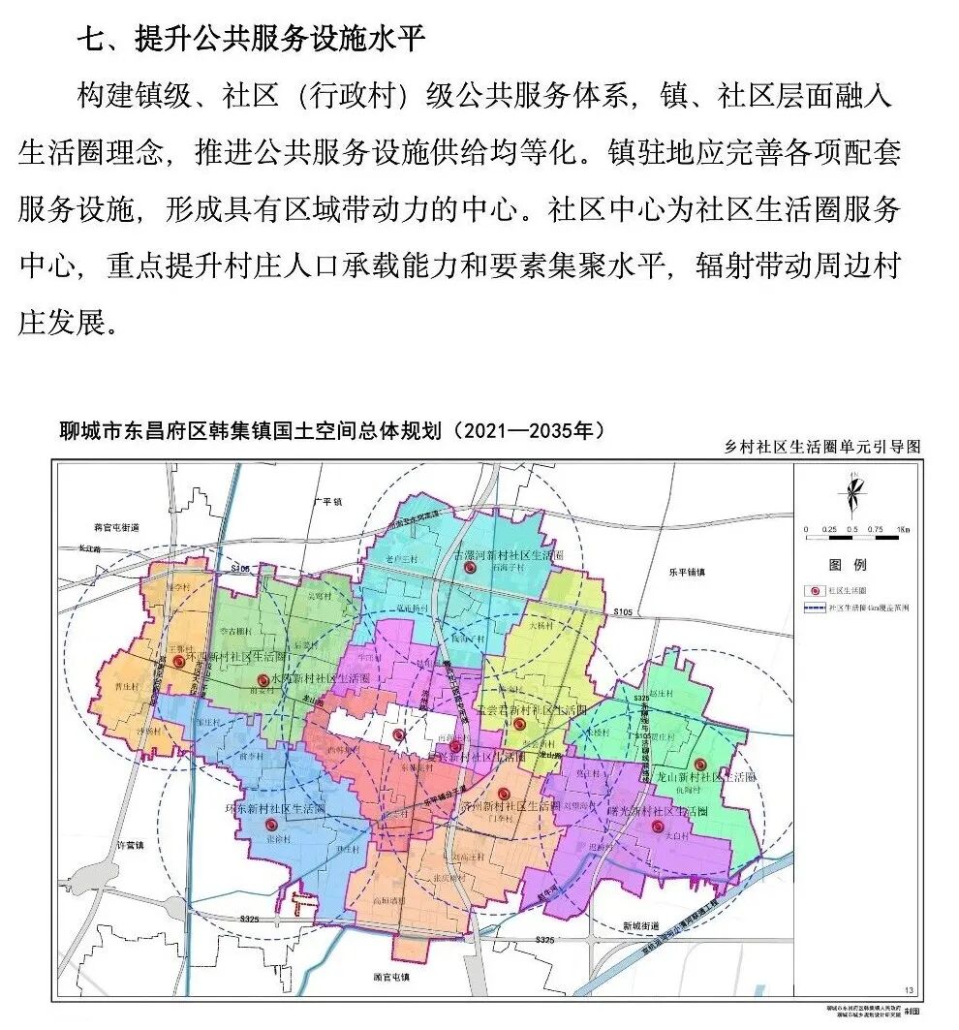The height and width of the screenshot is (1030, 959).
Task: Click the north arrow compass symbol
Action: (851, 495)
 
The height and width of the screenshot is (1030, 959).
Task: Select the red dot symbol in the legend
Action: (814, 590)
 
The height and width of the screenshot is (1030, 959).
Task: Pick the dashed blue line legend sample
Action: (814, 609)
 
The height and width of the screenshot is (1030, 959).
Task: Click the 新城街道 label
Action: (639, 924)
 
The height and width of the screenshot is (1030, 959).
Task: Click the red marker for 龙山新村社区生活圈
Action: (699, 765)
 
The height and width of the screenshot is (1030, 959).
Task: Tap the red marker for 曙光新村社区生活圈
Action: (658, 827)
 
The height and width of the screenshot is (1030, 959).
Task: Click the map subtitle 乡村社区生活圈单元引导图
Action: (821, 447)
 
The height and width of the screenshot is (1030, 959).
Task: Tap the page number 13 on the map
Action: (908, 989)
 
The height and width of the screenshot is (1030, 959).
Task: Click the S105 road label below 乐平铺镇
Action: (624, 613)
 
